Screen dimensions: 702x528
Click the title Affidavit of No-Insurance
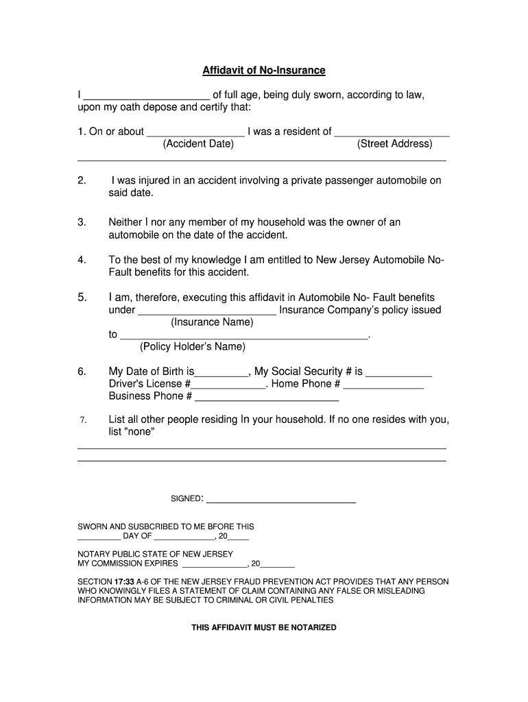[x=263, y=71]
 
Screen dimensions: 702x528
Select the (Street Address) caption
[x=394, y=144]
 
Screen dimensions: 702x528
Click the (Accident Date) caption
[x=198, y=144]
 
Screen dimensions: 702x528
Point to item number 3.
[x=82, y=222]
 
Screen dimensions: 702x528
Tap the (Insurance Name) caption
[x=212, y=322]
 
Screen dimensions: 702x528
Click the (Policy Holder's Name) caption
[x=192, y=347]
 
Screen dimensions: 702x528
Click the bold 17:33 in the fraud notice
[x=123, y=581]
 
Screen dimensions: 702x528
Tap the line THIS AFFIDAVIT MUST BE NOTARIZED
[x=263, y=627]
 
